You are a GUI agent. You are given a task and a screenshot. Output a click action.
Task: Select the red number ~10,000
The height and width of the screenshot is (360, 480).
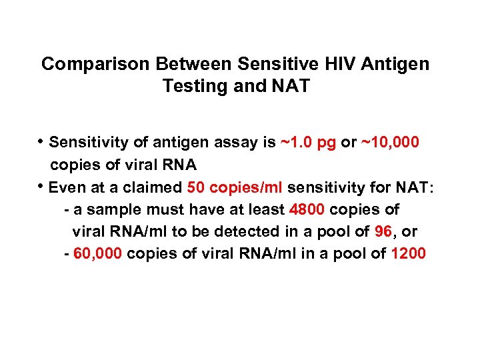tap(389, 143)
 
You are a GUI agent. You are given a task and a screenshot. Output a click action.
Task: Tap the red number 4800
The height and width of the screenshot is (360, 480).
tap(307, 210)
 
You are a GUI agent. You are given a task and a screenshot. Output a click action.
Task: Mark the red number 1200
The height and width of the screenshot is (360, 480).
tap(408, 254)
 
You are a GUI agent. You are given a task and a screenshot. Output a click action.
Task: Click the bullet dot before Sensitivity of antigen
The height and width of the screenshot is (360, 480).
tap(41, 142)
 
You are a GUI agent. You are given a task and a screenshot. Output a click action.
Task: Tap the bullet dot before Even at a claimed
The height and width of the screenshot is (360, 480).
tap(41, 187)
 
